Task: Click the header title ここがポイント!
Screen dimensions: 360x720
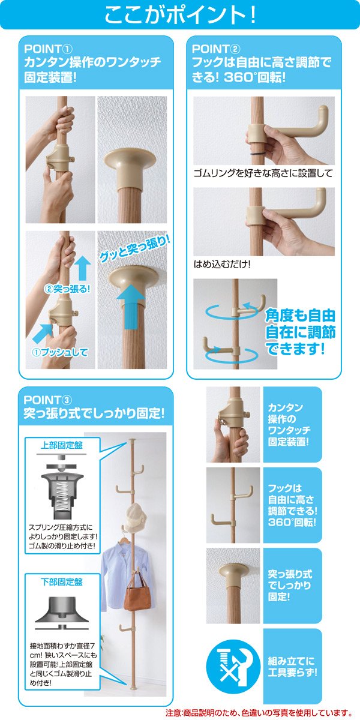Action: coord(180,15)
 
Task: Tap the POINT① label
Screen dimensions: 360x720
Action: coord(48,49)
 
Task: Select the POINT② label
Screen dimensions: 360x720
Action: coord(216,49)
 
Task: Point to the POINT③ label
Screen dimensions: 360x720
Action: coord(48,400)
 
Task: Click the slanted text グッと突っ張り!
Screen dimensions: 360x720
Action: coord(134,248)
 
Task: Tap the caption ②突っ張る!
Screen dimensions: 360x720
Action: coord(67,289)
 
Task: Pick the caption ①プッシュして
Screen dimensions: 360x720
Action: coord(59,352)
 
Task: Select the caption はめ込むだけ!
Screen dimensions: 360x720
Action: coord(222,264)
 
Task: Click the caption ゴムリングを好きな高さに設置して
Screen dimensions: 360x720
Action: coord(263,173)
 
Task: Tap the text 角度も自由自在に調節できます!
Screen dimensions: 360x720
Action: coord(300,332)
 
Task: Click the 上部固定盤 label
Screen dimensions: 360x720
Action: coord(61,445)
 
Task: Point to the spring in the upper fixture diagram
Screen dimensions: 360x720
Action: coord(62,493)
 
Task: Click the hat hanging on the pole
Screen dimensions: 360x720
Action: coord(136,518)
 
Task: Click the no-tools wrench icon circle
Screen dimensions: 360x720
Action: coord(233,664)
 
